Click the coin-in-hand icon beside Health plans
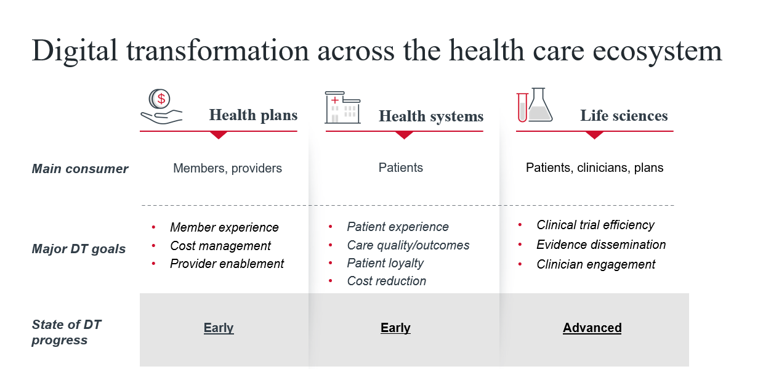coord(161,107)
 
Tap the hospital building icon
coord(342,107)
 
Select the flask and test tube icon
coord(535,105)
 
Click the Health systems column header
coord(431,116)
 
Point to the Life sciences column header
coord(624,115)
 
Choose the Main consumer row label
coord(80,169)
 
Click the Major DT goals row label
coord(79,249)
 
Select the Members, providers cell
coord(227,168)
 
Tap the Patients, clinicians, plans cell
coord(595,168)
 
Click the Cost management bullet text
coord(220,246)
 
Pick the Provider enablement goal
coord(227,264)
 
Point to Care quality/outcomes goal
coord(408,245)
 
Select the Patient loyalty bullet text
coord(386,263)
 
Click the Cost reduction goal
coord(387,281)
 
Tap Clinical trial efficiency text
coord(595,225)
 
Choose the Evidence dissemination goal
coord(601,245)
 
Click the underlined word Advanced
coord(592,328)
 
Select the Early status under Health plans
coord(219,328)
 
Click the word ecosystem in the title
coord(658,51)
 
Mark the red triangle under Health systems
coord(405,135)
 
